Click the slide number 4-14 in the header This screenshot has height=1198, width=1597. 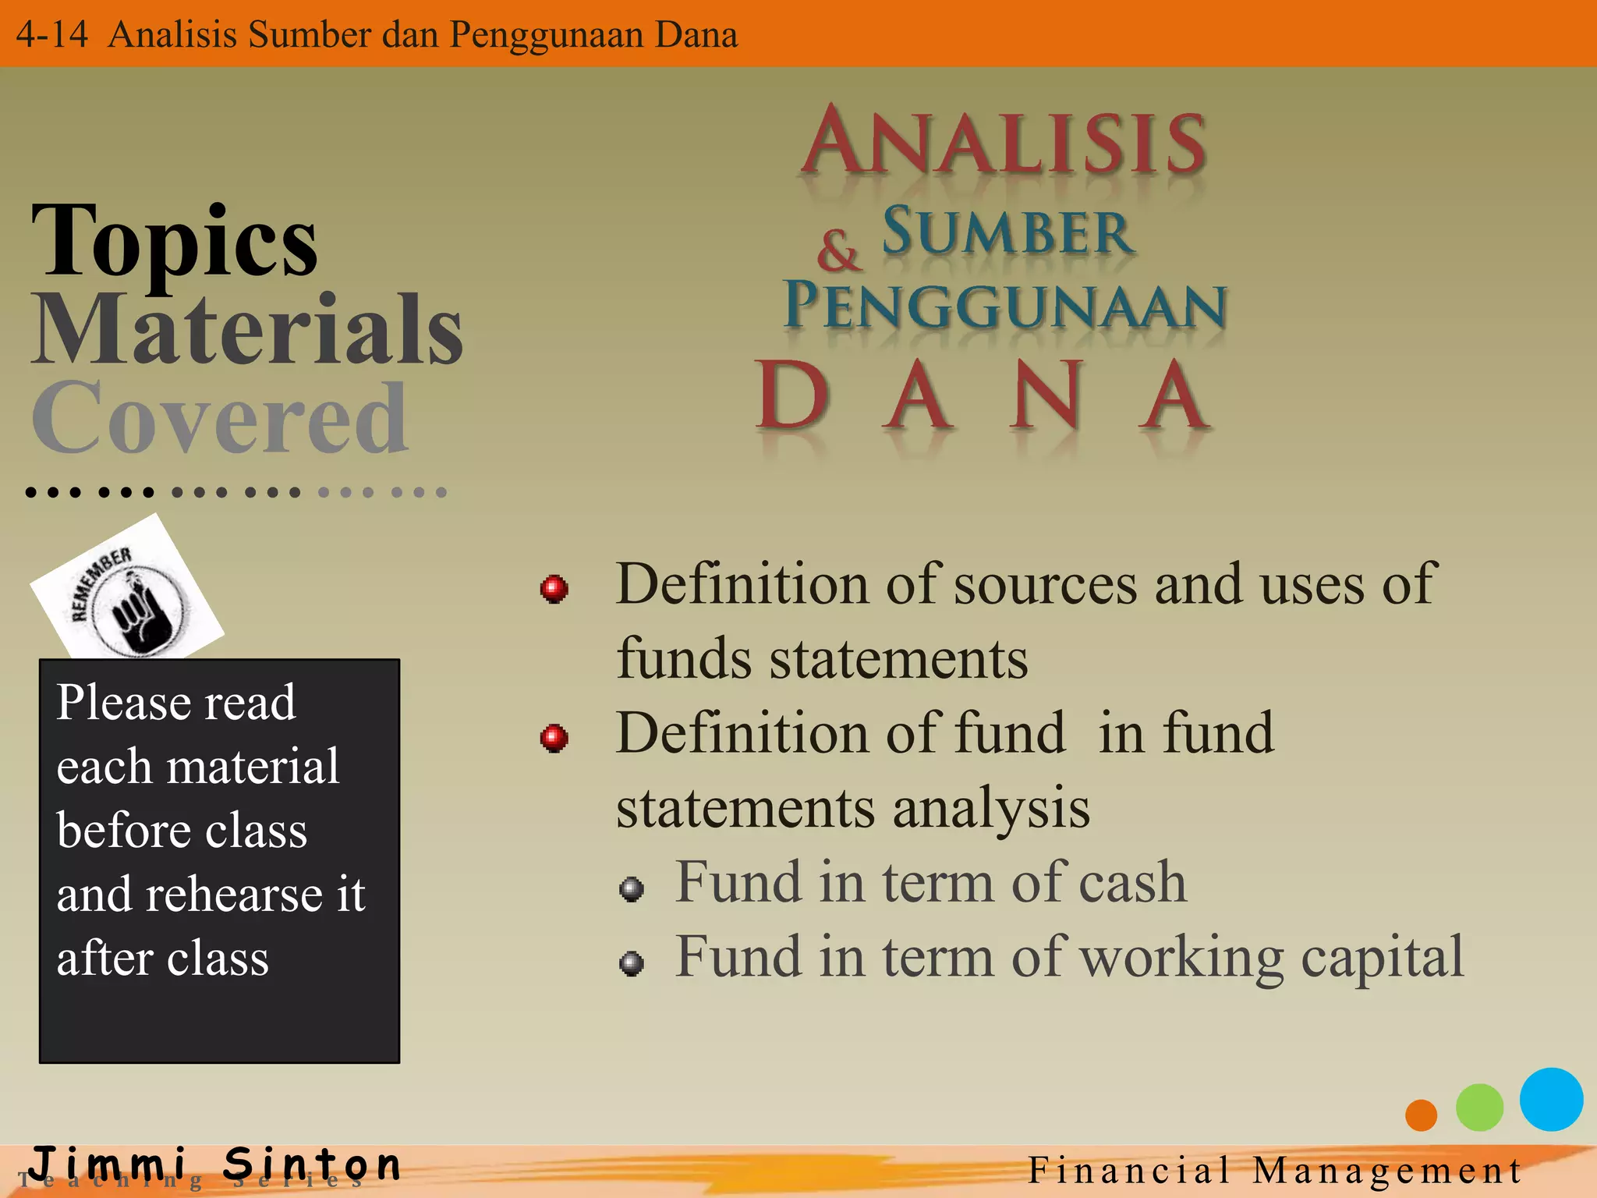tap(51, 35)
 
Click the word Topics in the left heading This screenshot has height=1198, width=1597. tap(175, 242)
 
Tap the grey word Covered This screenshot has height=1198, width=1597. tap(219, 420)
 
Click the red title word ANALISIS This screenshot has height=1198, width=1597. tap(1004, 143)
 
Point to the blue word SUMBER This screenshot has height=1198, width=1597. tap(1007, 232)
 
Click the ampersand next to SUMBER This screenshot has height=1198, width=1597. tap(838, 251)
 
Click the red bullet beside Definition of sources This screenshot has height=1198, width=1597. tap(554, 589)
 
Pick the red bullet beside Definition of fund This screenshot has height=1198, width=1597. tap(554, 737)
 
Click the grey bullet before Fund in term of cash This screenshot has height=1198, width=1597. tap(632, 888)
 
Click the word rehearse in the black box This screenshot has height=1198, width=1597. tap(244, 895)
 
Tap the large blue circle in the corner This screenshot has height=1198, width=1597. tap(1551, 1099)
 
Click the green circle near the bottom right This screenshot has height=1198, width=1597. tap(1479, 1108)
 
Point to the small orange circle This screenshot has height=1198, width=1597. tap(1421, 1115)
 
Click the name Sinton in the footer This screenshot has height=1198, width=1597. tap(312, 1164)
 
